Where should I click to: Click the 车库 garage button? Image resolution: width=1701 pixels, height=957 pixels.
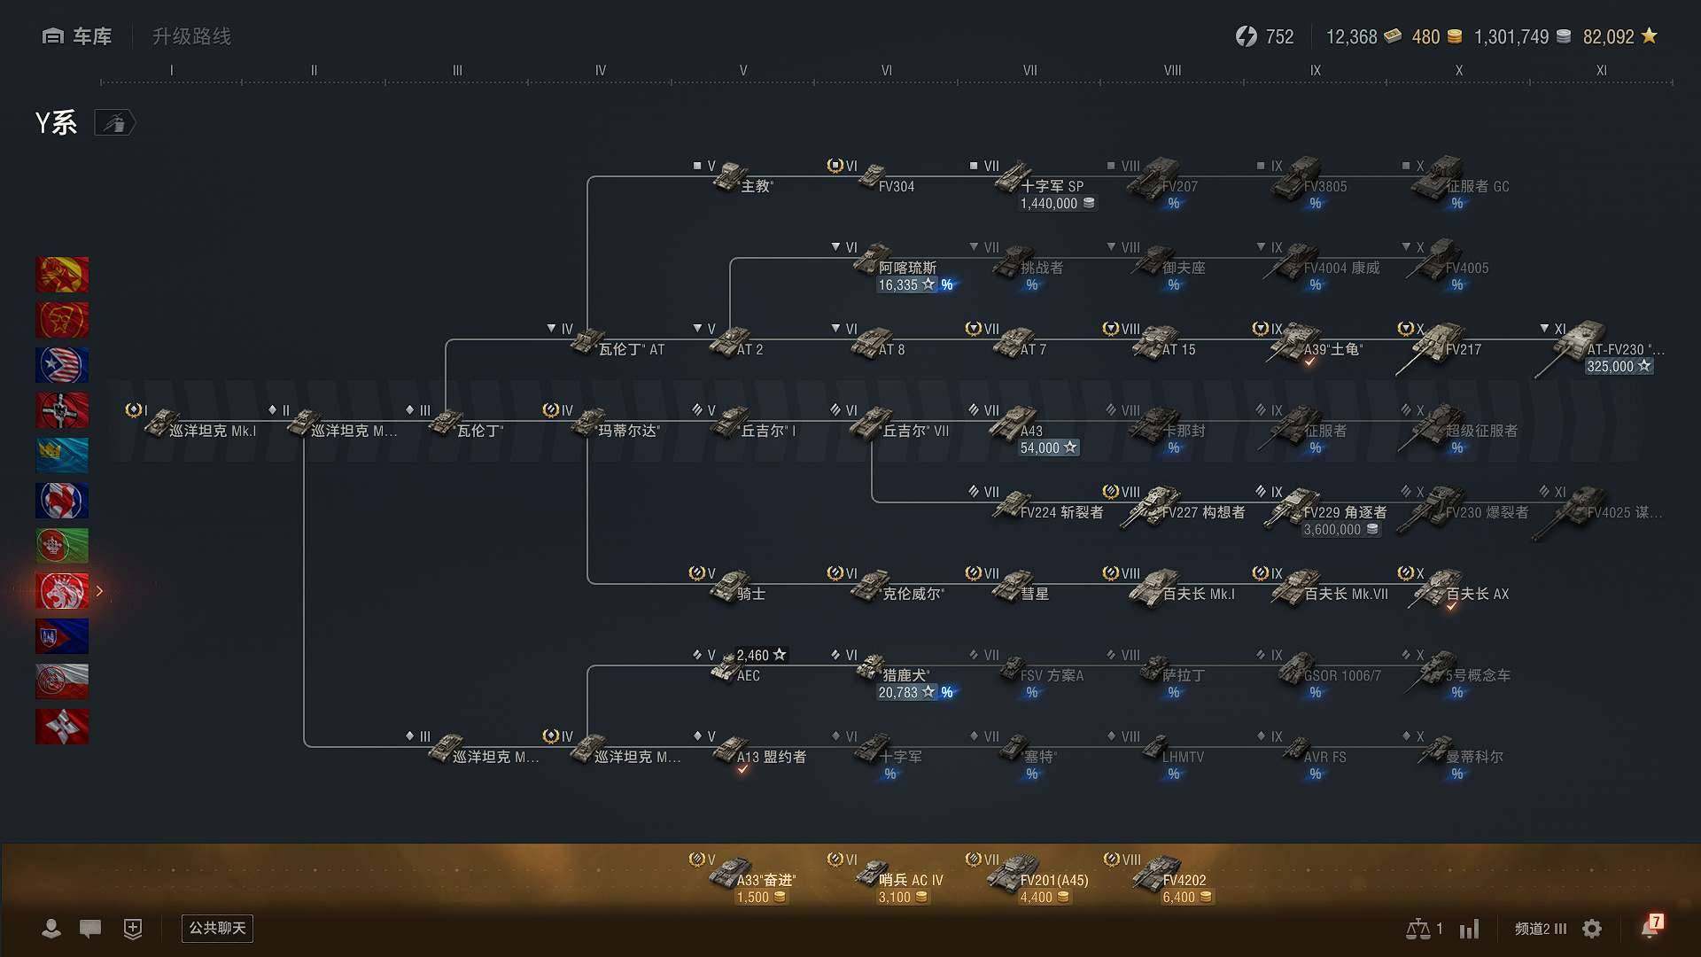77,36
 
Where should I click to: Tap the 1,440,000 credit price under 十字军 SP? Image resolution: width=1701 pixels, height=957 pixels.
1057,204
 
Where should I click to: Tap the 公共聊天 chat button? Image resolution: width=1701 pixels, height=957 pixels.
217,928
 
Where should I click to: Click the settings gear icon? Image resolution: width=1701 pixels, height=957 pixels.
1592,929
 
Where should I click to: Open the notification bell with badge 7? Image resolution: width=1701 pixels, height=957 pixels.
1650,928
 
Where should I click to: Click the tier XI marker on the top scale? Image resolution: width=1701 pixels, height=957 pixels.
1601,70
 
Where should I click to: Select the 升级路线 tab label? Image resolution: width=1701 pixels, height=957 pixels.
191,36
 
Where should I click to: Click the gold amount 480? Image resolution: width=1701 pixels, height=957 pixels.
1425,37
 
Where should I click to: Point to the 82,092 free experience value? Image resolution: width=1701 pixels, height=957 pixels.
1608,37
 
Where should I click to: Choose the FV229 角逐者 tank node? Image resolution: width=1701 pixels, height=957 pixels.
1320,509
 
